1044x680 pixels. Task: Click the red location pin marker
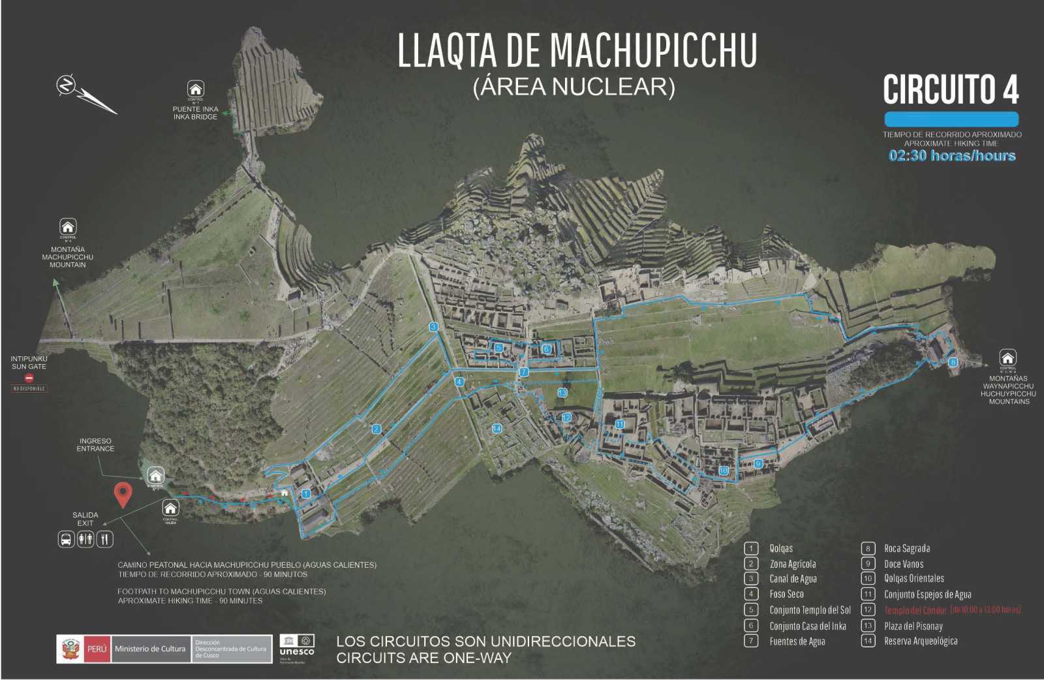(x=121, y=494)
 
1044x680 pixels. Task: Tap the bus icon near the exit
(x=66, y=540)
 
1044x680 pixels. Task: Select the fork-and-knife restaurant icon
(x=104, y=540)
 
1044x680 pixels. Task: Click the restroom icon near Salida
(x=85, y=540)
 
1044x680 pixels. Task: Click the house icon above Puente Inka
(x=195, y=89)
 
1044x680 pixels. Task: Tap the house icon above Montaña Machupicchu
(x=68, y=227)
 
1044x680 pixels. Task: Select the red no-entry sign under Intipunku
(x=29, y=378)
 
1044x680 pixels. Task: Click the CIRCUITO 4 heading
(x=951, y=89)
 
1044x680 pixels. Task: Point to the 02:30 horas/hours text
(x=952, y=156)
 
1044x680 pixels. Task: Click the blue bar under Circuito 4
(x=951, y=119)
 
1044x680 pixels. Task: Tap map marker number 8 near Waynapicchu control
(x=953, y=362)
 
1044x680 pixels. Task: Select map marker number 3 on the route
(x=433, y=327)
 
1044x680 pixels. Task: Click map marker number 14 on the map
(x=497, y=429)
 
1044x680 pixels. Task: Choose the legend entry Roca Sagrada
(x=906, y=549)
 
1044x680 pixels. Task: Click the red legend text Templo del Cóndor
(x=915, y=611)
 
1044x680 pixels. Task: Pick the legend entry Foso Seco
(x=786, y=595)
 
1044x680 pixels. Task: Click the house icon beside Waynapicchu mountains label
(x=1008, y=358)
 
